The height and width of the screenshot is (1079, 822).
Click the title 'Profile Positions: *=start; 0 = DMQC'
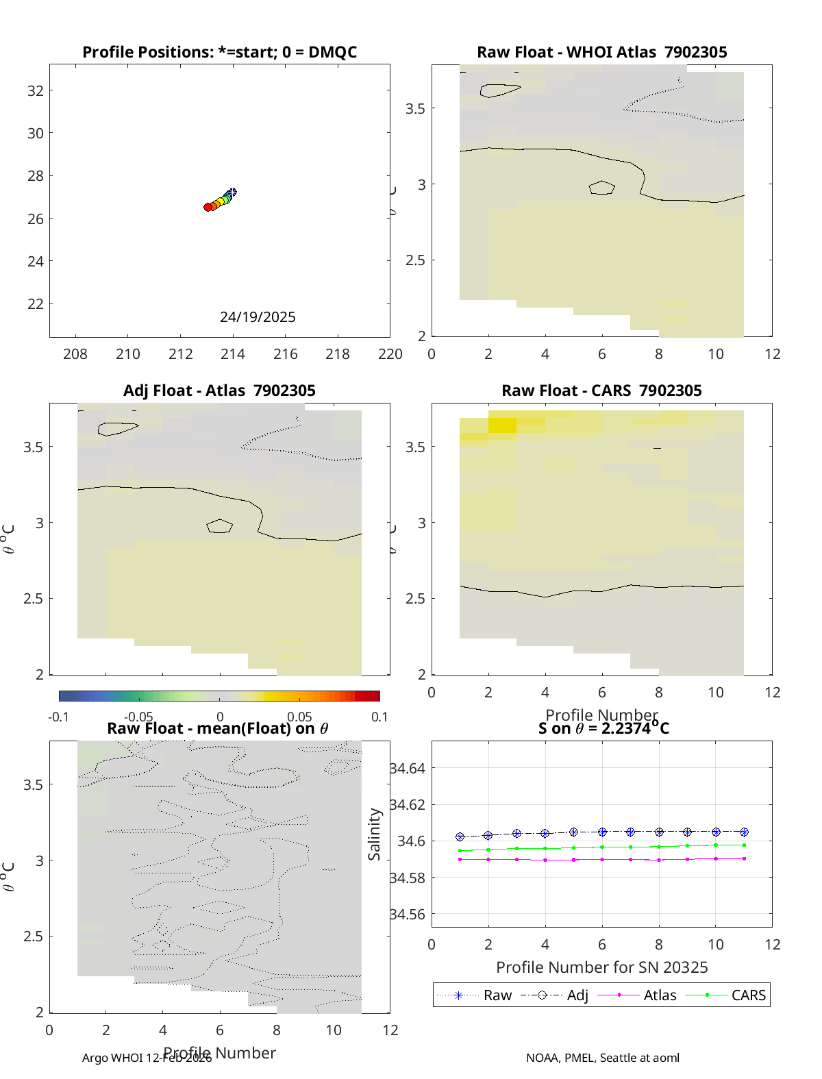tap(219, 52)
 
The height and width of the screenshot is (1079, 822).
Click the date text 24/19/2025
tap(258, 317)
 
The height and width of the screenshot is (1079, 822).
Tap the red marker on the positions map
tap(208, 207)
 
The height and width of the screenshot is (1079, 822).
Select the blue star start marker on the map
tap(232, 193)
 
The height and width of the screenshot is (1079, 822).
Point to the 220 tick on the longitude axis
tap(390, 354)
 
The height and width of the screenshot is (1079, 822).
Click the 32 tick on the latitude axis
tap(36, 90)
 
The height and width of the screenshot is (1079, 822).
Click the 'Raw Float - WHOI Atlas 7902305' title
tap(601, 52)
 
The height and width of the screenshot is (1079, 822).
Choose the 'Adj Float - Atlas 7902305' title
tap(219, 390)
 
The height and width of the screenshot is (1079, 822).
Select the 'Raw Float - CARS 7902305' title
tap(601, 390)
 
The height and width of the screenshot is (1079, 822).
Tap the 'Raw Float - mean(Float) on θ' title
tap(218, 728)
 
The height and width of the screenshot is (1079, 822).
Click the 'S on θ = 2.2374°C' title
tap(603, 728)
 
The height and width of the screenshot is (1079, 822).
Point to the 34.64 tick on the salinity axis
tap(408, 769)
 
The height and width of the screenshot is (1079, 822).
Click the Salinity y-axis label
tap(374, 834)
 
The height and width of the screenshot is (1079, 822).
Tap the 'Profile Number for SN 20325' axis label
tap(601, 967)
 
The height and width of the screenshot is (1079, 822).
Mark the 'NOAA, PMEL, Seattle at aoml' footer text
tap(603, 1058)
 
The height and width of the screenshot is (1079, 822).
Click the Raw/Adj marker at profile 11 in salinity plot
tap(744, 832)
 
